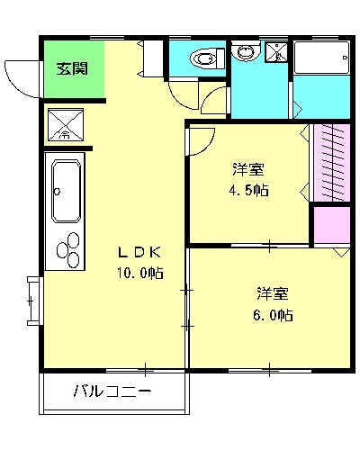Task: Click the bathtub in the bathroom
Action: [321, 60]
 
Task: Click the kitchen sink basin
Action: [67, 191]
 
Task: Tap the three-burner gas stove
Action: [67, 250]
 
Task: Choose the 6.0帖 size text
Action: [272, 315]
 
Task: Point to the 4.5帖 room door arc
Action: [202, 139]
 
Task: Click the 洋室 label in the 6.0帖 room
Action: [272, 293]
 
